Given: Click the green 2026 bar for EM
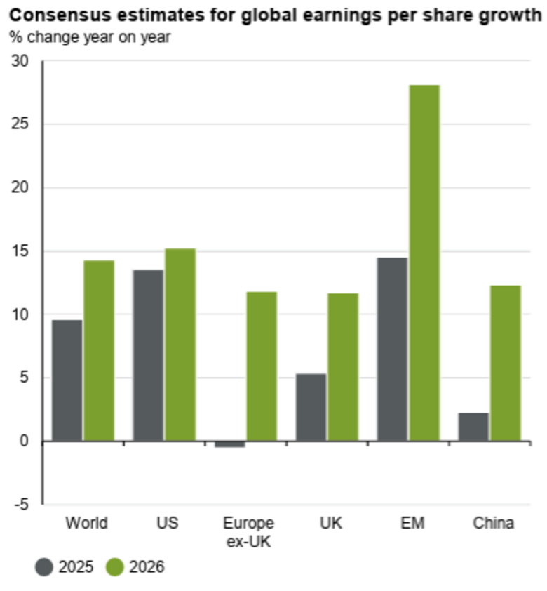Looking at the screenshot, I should click(x=424, y=263).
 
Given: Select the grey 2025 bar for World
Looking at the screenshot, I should click(x=67, y=380).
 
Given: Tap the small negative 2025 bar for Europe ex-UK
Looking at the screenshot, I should click(x=229, y=444).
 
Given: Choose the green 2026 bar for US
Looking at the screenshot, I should click(x=180, y=345).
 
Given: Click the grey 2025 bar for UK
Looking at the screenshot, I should click(x=311, y=407).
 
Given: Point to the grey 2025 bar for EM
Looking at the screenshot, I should click(x=392, y=349).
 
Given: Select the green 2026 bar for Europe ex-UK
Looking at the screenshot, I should click(x=262, y=366).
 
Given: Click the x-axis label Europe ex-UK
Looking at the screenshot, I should click(x=248, y=531).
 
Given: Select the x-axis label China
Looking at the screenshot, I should click(x=493, y=523).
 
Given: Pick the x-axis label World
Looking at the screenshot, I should click(x=86, y=523).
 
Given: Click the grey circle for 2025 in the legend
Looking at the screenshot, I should click(x=43, y=567).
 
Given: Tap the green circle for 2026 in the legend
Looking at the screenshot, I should click(x=114, y=567).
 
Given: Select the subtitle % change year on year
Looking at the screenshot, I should click(x=89, y=36).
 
